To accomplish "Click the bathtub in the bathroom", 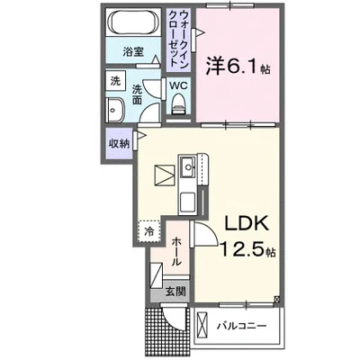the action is (x=133, y=22).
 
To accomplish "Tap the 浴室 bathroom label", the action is (x=133, y=52).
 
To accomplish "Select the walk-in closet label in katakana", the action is (x=178, y=39).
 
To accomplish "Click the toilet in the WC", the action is (x=179, y=103).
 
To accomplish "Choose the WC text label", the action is (x=178, y=85).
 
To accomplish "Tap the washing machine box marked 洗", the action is (x=115, y=81).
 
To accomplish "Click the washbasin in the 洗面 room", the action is (x=115, y=111).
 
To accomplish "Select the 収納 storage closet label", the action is (x=119, y=144).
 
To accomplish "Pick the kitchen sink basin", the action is (x=188, y=166).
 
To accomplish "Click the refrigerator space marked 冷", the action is (x=149, y=231).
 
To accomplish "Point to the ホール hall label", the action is (x=176, y=251).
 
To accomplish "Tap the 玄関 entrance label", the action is (x=175, y=292).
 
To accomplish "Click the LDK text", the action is (x=247, y=223).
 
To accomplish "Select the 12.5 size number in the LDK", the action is (x=244, y=249).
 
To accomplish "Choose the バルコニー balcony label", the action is (x=242, y=326).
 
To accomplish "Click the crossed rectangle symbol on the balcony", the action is (x=202, y=326).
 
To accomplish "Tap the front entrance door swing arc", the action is (x=175, y=318).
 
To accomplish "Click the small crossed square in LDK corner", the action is (x=277, y=299).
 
